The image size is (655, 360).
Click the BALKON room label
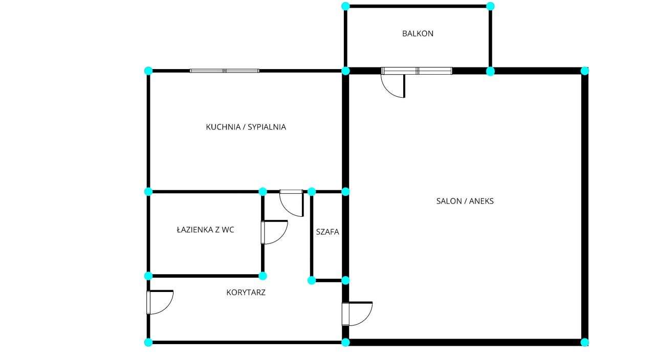point(418,34)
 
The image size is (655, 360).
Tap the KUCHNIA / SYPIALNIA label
point(246,127)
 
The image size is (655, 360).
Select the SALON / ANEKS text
point(465,201)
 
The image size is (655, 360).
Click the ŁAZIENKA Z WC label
point(205,230)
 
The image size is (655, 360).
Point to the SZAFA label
point(327,232)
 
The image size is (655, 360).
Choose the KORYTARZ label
point(246,293)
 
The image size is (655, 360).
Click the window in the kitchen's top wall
point(225,71)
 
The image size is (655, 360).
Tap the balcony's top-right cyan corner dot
point(490,6)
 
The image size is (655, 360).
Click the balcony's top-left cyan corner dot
point(345,6)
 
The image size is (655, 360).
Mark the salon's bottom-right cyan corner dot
point(584,342)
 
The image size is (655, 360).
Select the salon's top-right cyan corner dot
point(584,71)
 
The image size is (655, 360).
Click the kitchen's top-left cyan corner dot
point(148,71)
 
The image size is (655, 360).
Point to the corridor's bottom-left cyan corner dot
point(148,342)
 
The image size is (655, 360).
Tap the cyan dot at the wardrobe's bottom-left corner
point(312,280)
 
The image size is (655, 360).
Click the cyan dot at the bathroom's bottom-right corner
point(263,276)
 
